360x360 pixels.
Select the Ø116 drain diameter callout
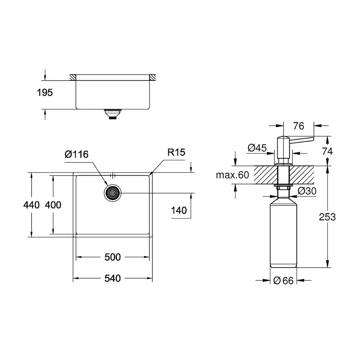pos(76,154)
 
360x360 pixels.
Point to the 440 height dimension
pos(32,205)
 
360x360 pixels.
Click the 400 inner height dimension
pos(53,205)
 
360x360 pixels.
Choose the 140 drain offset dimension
pos(178,210)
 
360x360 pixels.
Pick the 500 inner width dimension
pos(112,257)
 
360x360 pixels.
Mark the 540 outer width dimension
pos(112,278)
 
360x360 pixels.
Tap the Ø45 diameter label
pos(257,148)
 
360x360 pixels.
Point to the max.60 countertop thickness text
pos(232,175)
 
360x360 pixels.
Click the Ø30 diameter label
pos(307,191)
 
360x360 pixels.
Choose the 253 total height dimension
pos(327,217)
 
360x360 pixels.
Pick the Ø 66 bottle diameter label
pos(284,281)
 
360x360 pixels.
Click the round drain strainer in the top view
pos(112,193)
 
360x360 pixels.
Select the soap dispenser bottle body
pos(284,232)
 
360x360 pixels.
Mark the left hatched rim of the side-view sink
pos(73,77)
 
